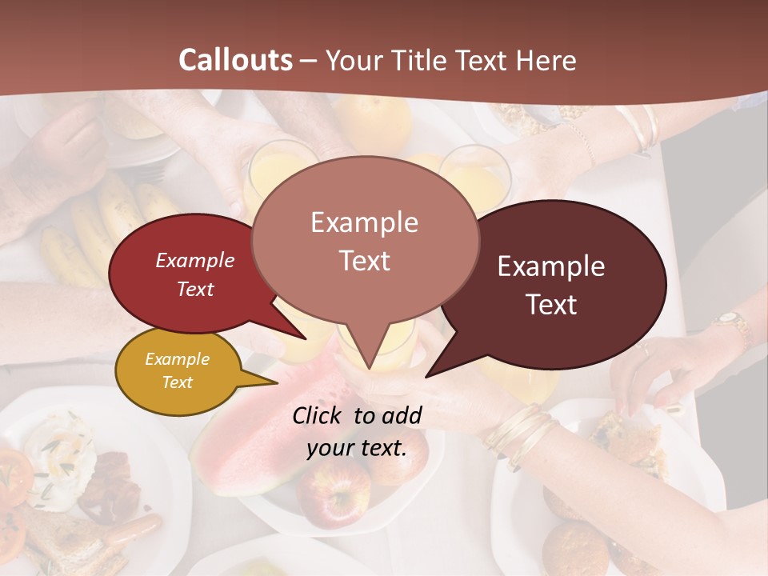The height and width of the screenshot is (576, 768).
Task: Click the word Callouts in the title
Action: point(235,60)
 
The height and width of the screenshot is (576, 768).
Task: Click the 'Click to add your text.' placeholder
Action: point(357,432)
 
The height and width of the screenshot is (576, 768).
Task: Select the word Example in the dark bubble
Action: point(551,266)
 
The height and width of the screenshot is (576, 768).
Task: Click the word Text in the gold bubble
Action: point(178,382)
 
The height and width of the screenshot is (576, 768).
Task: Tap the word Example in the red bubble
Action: point(194,260)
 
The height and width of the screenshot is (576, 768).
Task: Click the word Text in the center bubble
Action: point(365,260)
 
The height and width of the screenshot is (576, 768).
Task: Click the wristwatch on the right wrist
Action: point(730,320)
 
